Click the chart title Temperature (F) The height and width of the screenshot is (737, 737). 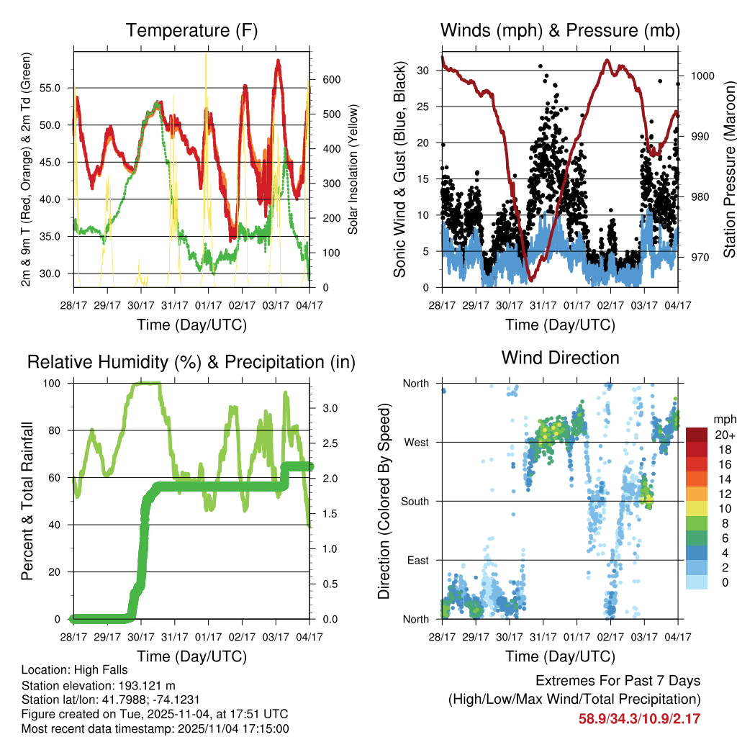click(191, 30)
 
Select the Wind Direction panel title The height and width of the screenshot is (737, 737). click(560, 357)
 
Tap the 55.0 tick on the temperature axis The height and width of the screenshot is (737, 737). click(58, 88)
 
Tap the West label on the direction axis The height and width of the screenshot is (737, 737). click(416, 442)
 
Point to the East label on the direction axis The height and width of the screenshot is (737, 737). click(417, 560)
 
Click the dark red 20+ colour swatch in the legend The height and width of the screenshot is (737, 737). click(697, 435)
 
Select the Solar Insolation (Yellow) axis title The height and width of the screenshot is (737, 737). click(353, 169)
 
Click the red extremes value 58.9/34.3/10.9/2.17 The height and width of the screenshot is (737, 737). click(639, 718)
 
